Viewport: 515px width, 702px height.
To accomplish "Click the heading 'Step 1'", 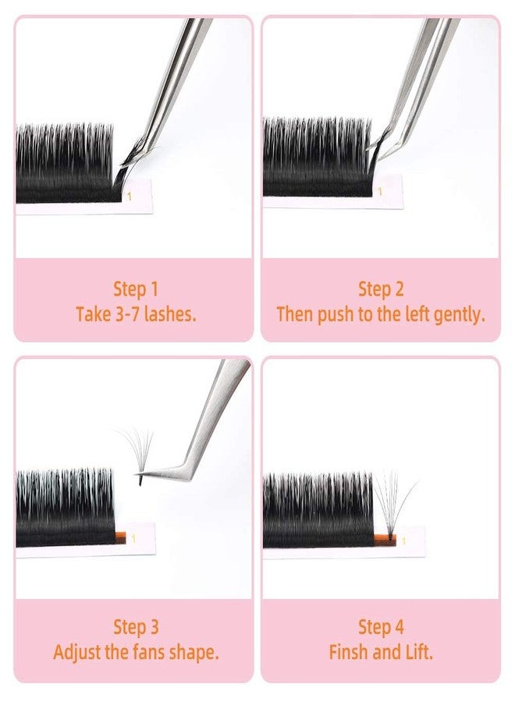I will coord(135,289).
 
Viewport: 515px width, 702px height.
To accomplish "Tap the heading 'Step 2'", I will coord(381,289).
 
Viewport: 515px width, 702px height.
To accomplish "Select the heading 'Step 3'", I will coord(135,626).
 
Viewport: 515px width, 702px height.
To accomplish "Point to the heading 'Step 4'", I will coord(381,626).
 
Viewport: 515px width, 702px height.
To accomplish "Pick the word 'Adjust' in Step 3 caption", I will coord(79,652).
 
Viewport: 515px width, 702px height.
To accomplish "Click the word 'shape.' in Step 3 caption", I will coord(195,652).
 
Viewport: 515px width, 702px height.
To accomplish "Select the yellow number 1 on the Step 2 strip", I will coord(380,190).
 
